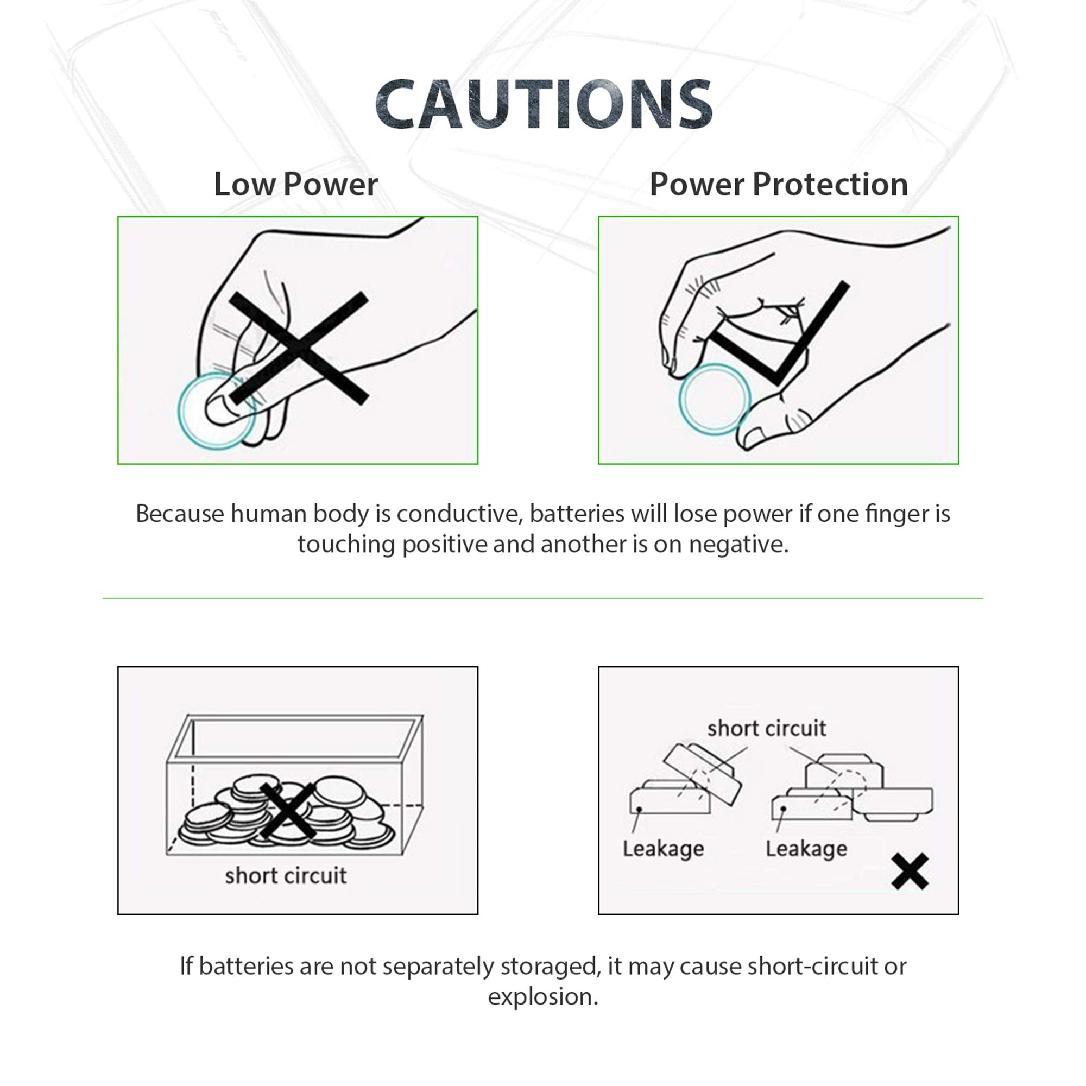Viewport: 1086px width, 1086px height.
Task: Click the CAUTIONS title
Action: tap(543, 105)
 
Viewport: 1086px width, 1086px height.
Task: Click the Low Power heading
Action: tap(296, 185)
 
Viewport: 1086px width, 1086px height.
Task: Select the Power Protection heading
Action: tap(779, 185)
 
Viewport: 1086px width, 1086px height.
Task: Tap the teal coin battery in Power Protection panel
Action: tap(714, 399)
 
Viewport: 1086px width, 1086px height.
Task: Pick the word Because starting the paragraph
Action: tap(179, 514)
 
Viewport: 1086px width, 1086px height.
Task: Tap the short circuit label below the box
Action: tap(286, 876)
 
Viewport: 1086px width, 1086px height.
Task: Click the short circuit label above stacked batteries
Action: tap(766, 729)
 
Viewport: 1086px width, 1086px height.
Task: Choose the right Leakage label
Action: tap(806, 849)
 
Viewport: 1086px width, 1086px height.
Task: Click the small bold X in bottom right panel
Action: tap(910, 872)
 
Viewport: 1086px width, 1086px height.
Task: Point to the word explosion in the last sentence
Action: tap(542, 997)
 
